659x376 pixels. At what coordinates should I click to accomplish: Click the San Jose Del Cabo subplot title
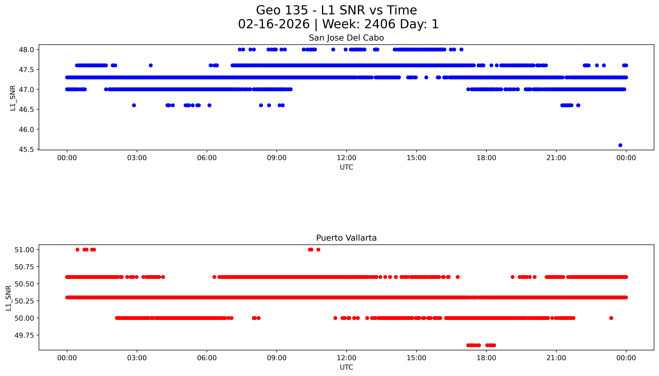point(346,38)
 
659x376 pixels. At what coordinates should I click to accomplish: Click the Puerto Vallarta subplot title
point(346,238)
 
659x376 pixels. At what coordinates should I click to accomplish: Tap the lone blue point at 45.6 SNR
point(620,145)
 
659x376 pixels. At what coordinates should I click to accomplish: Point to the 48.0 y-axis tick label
point(26,50)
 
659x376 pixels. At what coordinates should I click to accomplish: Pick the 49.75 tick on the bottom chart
point(24,335)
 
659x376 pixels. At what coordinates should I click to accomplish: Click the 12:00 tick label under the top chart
point(346,158)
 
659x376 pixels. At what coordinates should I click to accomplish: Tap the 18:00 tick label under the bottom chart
point(486,358)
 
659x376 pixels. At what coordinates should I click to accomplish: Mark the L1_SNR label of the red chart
point(9,298)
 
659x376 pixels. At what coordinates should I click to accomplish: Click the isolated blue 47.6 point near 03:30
point(151,65)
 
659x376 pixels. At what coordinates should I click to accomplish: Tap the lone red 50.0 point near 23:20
point(611,318)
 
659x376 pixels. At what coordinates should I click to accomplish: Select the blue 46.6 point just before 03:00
point(134,105)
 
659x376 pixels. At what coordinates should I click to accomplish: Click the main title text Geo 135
point(282,10)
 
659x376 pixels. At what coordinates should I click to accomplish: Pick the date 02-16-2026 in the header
point(274,24)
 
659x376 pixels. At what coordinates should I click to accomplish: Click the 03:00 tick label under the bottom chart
point(137,358)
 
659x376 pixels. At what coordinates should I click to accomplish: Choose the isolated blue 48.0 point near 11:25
point(333,50)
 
